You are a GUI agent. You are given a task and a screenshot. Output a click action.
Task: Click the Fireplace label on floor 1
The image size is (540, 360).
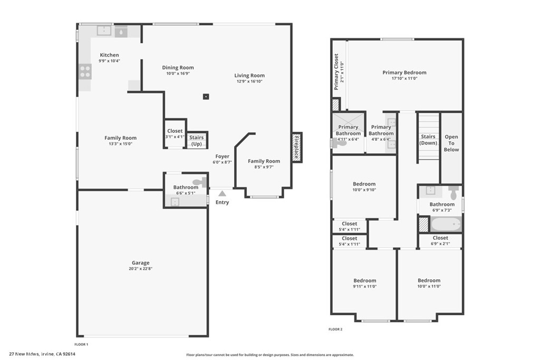coord(296,147)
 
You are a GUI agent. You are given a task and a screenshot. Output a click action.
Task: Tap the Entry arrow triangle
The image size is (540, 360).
coord(223,194)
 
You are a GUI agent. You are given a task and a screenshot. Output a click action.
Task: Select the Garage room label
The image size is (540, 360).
coord(140,262)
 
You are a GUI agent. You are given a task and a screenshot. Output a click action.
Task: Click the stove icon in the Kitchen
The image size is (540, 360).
coord(85,71)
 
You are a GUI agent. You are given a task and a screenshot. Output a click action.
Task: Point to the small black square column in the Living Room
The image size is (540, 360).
coord(206,96)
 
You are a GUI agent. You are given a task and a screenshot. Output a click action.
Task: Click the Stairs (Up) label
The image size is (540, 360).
coord(196,141)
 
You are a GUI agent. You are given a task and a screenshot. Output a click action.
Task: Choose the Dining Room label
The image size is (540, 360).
coord(178,67)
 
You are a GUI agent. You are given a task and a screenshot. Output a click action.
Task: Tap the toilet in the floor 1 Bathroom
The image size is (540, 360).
coord(198,182)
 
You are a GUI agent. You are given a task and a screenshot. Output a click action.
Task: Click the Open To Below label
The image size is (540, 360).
coord(451,143)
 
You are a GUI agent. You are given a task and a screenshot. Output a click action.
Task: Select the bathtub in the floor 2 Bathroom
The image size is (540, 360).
coord(446,224)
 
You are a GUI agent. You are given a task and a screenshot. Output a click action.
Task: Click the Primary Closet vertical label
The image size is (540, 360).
coord(336,71)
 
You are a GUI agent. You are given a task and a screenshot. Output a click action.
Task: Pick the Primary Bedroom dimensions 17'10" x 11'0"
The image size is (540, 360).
coord(404,79)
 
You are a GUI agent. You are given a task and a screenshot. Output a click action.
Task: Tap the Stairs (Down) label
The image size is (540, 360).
coord(428,140)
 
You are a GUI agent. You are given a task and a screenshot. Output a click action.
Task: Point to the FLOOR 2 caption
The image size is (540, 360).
coord(335,329)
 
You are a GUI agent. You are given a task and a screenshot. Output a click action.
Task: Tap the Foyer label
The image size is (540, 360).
coord(223,157)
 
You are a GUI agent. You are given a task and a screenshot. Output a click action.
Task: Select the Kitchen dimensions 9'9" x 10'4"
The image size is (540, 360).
coord(109,61)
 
